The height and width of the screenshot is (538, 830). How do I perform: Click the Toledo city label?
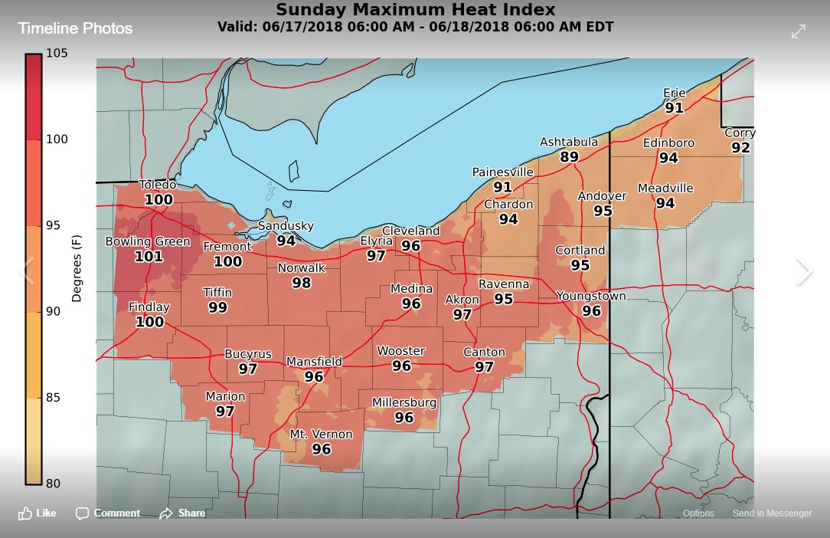158,185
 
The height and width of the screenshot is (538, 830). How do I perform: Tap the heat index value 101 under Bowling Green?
149,257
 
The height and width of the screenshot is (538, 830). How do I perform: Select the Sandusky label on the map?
286,226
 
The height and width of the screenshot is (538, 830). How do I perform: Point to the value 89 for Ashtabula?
569,157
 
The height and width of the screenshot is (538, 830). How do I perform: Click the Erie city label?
674,93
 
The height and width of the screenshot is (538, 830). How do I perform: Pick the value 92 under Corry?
740,147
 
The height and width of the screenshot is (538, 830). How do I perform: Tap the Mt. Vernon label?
321,435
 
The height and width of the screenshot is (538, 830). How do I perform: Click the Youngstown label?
591,296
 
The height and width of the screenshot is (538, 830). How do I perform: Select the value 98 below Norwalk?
301,283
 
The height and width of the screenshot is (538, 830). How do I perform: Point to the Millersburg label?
404,402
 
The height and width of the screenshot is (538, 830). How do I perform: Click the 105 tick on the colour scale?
57,53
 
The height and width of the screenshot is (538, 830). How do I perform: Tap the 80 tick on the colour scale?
54,484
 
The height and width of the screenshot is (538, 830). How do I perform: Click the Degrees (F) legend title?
77,268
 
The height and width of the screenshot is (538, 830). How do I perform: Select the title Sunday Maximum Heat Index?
416,10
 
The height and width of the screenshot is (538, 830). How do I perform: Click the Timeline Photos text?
75,29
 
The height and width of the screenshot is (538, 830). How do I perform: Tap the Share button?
182,513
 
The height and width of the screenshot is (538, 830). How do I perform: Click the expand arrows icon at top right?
798,31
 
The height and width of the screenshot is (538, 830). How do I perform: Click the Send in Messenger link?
772,513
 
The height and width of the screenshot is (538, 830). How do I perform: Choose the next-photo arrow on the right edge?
803,271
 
